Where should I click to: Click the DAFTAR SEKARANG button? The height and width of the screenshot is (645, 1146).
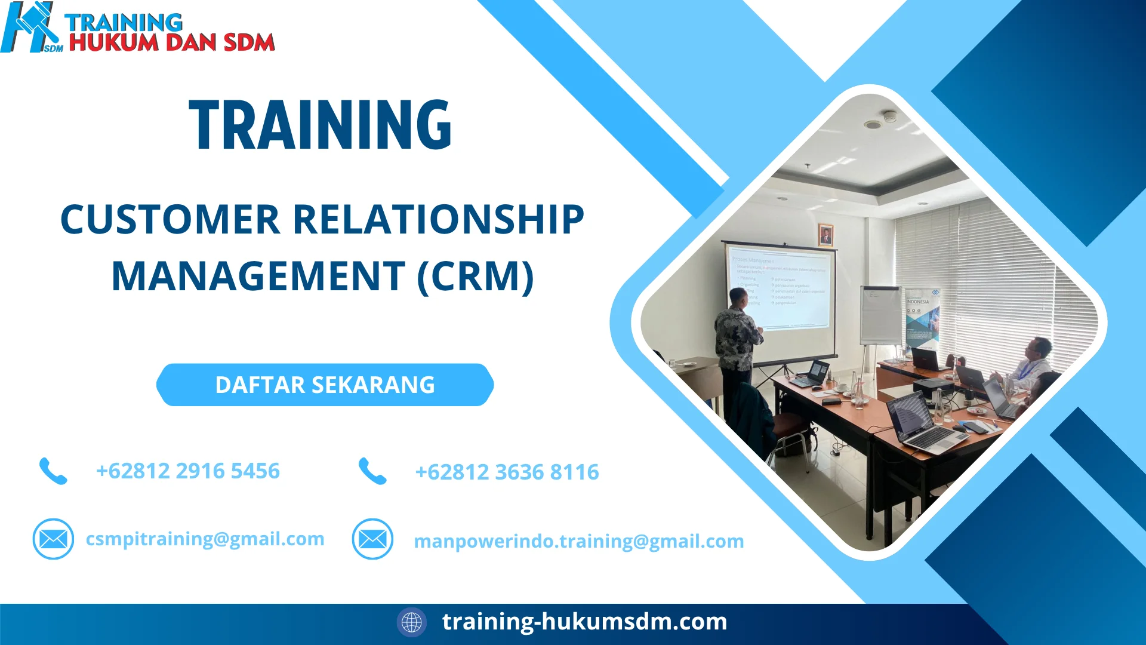(325, 385)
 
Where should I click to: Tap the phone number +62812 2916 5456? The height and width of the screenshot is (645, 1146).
(187, 471)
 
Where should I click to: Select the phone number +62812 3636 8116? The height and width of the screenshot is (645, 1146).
(507, 472)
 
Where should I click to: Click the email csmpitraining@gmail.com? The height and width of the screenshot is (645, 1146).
(205, 539)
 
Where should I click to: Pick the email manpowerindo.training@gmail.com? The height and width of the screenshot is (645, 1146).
(578, 541)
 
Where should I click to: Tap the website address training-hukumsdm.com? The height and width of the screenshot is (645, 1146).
(584, 622)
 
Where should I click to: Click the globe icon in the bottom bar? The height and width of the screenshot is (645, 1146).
(411, 622)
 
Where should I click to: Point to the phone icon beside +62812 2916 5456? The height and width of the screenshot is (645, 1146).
(53, 471)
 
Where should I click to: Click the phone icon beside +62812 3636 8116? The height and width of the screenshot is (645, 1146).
(372, 471)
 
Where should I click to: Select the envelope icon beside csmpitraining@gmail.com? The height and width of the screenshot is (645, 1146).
(53, 539)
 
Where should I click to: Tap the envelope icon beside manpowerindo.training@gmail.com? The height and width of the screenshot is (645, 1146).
(372, 539)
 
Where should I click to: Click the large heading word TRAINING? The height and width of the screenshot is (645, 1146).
(321, 125)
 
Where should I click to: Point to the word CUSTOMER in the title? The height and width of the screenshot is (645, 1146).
(170, 219)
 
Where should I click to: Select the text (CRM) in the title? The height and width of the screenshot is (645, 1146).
(475, 276)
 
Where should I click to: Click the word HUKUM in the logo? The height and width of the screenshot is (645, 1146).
(113, 42)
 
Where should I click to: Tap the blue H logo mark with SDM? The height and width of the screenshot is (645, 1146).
(30, 27)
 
